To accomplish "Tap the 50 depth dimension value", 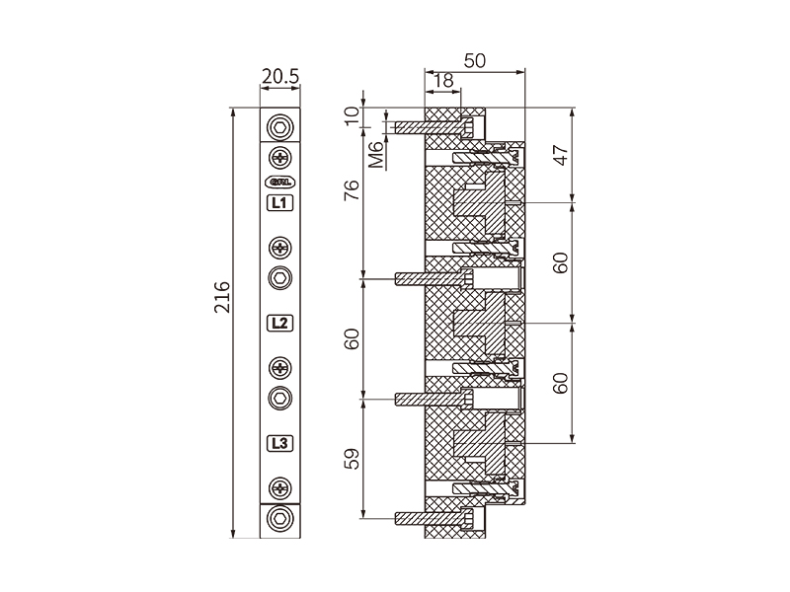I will click(x=474, y=60).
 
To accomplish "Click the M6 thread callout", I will click(x=375, y=155).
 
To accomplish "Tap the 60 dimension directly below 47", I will click(x=561, y=262).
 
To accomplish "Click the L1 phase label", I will click(x=280, y=204).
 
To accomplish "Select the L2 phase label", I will click(x=280, y=323).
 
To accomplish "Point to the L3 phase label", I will click(x=280, y=443).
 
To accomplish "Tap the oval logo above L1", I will click(x=280, y=181).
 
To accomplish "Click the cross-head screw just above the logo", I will click(x=281, y=157).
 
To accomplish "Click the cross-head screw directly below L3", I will click(x=281, y=487).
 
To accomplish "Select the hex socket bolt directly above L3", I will click(x=281, y=398).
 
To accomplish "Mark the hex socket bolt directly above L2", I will click(x=281, y=278).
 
